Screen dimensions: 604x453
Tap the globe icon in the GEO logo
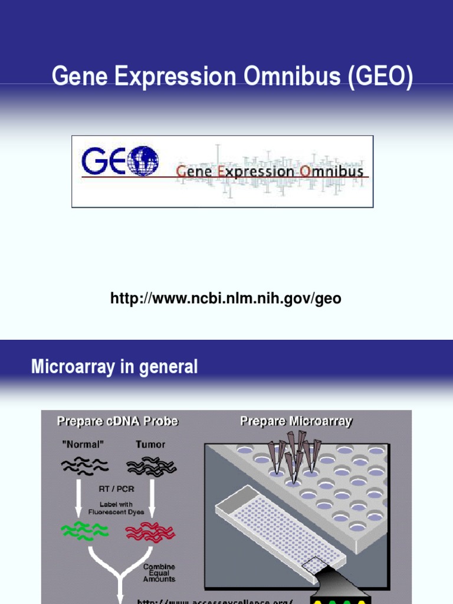tap(143, 161)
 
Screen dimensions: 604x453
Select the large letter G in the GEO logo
tap(94, 161)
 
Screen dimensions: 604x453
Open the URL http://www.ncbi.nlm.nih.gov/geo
tap(226, 299)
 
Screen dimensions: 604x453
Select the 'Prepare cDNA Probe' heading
tap(117, 421)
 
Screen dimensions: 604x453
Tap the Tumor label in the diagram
tap(150, 444)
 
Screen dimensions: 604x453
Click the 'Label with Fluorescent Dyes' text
tap(118, 508)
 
